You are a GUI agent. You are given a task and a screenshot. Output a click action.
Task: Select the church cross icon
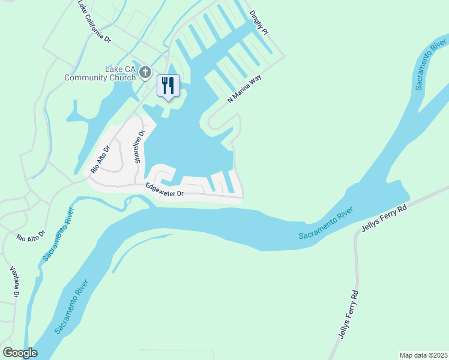[145, 73]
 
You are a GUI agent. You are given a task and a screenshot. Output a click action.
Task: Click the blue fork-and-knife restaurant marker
[168, 85]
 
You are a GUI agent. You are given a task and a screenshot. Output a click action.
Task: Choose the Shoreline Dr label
[139, 147]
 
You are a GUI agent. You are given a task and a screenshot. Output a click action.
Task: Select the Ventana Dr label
[15, 283]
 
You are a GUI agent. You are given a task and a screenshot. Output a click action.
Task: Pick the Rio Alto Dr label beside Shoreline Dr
[101, 159]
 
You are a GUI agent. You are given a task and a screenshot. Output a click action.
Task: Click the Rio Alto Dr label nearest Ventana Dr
[31, 235]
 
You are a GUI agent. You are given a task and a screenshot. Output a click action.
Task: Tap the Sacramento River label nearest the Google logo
[72, 307]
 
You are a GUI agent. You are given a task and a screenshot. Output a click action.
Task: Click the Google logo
[20, 353]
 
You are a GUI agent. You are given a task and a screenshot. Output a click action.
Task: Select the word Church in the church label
[126, 77]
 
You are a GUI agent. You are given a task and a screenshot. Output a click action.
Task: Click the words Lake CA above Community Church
[118, 69]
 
